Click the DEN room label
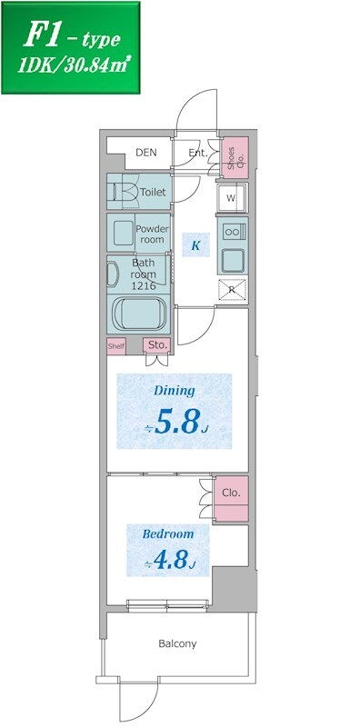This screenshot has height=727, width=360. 146,152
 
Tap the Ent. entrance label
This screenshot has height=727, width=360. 198,152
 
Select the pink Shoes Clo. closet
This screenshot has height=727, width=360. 235,157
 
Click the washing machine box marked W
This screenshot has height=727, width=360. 233,198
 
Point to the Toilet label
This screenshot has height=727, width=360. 153,192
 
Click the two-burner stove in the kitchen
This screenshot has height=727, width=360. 233,231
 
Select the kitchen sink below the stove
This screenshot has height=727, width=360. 233,261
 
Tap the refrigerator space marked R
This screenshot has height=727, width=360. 233,290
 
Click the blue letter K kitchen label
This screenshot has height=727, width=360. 195,245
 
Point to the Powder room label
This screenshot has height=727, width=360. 152,234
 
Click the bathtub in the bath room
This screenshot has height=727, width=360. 140,314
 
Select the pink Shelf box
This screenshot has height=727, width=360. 116,346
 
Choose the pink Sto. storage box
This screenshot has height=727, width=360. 156,345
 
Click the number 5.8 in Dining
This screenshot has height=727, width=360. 177,421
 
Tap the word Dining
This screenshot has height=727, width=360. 175,391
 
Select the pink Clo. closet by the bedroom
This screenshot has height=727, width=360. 231,499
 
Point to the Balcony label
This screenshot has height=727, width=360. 177,643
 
